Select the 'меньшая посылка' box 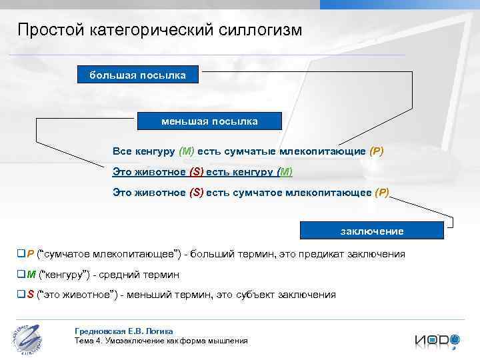click(209, 121)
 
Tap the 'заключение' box click(372, 231)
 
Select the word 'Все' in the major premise click(122, 151)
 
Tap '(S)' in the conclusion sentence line click(196, 193)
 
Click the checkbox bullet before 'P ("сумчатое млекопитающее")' click(21, 254)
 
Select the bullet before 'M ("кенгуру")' click(21, 274)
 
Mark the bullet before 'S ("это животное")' click(21, 294)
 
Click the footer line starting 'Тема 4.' click(161, 341)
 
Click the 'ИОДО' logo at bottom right click(437, 340)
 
